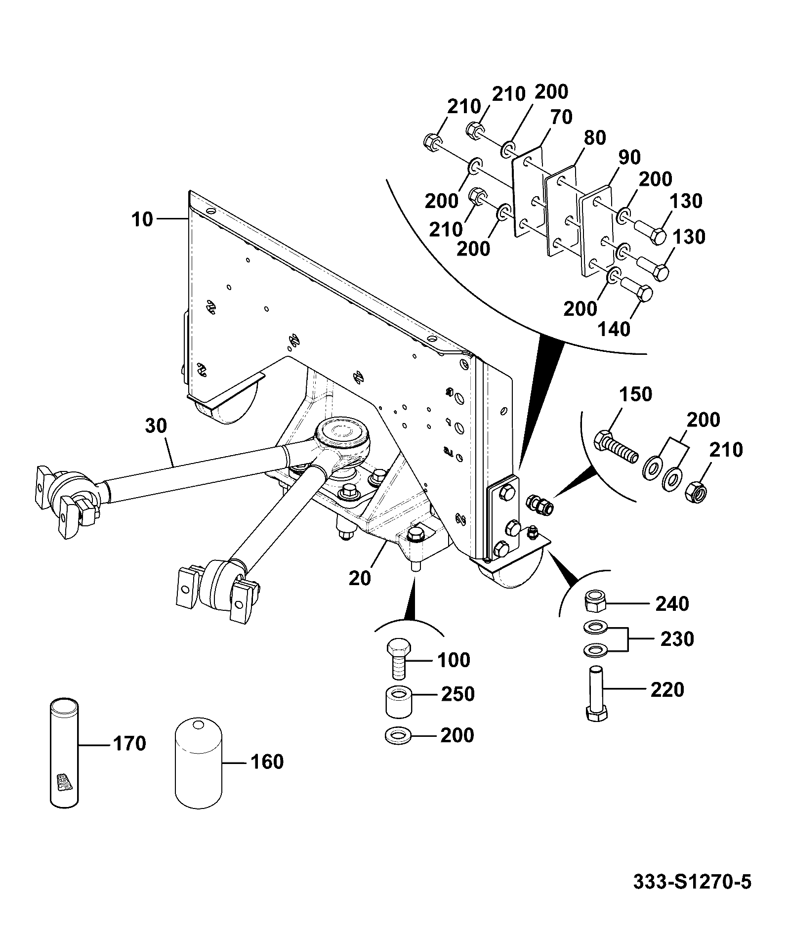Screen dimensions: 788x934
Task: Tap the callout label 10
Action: click(142, 219)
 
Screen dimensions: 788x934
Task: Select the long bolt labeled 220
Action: click(596, 694)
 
